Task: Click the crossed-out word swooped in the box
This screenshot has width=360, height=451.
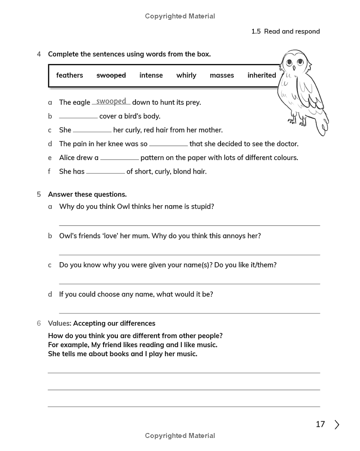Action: click(111, 76)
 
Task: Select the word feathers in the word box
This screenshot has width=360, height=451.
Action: click(69, 76)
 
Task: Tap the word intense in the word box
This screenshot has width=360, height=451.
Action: click(151, 76)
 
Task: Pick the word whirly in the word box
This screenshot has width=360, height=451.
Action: click(186, 76)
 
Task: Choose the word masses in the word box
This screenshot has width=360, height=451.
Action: click(222, 76)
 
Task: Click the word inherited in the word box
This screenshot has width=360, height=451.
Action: click(261, 76)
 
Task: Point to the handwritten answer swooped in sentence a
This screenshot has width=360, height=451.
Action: click(111, 102)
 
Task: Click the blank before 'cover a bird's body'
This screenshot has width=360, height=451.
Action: click(78, 116)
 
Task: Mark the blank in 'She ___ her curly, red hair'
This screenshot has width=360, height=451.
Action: click(92, 130)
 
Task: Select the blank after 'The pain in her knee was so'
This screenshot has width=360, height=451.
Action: click(168, 144)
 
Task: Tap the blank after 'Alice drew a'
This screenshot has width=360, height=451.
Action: click(120, 158)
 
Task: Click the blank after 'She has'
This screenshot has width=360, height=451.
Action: click(105, 172)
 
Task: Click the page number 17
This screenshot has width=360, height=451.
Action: click(320, 424)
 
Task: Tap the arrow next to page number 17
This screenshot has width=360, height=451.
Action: click(337, 424)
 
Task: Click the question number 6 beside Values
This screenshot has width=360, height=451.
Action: click(39, 323)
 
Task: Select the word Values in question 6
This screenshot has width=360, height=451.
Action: click(59, 323)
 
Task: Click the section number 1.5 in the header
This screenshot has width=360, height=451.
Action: click(256, 31)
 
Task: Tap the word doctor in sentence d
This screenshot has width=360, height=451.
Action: click(286, 144)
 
